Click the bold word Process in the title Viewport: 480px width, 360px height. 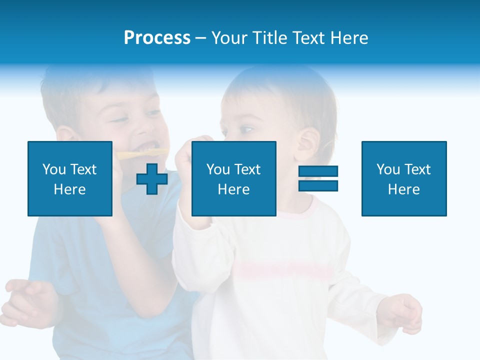click(x=157, y=38)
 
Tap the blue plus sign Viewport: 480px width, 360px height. click(x=152, y=179)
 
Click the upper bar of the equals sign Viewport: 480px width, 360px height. click(x=318, y=171)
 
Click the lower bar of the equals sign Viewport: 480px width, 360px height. click(x=318, y=186)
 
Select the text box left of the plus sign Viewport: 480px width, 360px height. click(x=70, y=178)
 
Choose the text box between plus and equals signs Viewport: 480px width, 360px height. click(x=233, y=178)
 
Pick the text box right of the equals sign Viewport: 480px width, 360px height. click(x=404, y=178)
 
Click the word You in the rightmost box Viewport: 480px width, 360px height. click(x=388, y=169)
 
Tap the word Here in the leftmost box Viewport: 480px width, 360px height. click(x=70, y=189)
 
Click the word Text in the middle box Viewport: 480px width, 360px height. click(x=247, y=169)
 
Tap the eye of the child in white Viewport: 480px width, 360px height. click(x=245, y=130)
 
